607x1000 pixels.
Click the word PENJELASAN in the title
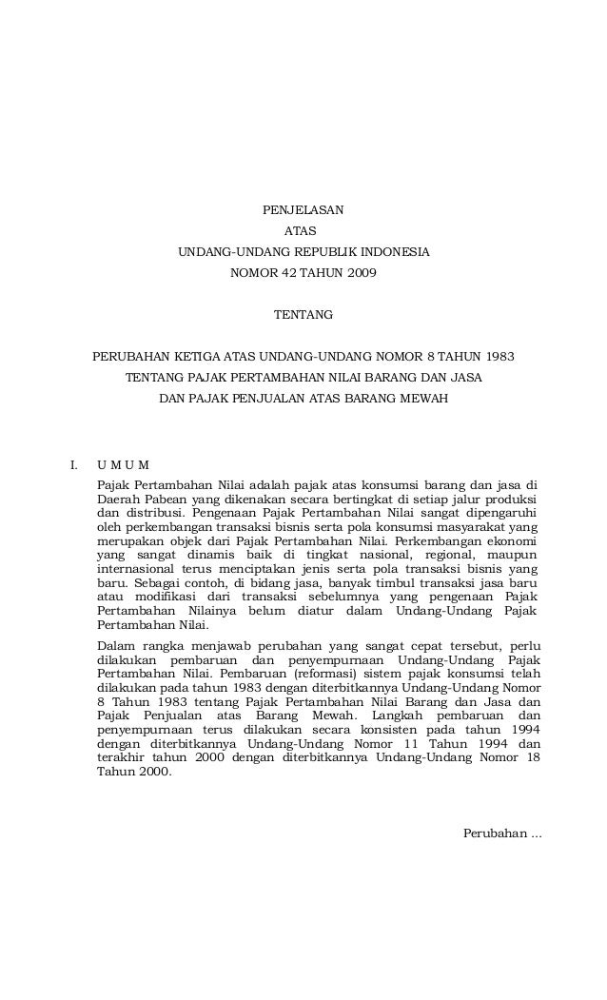(x=303, y=208)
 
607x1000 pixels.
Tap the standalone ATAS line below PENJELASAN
(x=303, y=231)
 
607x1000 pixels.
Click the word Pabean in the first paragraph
(x=164, y=500)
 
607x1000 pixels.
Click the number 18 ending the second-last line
(x=534, y=758)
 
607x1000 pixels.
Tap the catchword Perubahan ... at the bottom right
(x=501, y=834)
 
